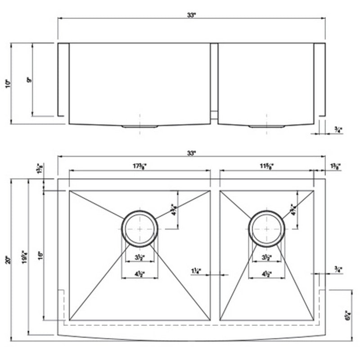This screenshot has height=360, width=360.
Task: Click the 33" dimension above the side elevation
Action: pyautogui.click(x=192, y=15)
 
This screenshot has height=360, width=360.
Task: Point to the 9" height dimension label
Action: pyautogui.click(x=29, y=80)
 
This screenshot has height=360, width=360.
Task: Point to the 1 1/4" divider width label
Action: pyautogui.click(x=197, y=271)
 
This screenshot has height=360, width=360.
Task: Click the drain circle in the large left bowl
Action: pyautogui.click(x=140, y=228)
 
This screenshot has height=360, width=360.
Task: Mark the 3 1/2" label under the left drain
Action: pyautogui.click(x=140, y=258)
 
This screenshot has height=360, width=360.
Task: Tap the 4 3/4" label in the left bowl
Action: pyautogui.click(x=174, y=210)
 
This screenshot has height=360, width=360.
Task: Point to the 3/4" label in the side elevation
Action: pyautogui.click(x=338, y=130)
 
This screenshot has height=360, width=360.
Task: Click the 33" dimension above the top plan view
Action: pyautogui.click(x=192, y=153)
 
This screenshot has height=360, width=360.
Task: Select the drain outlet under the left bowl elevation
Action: pyautogui.click(x=140, y=126)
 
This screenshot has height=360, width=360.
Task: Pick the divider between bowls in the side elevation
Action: pyautogui.click(x=215, y=81)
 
